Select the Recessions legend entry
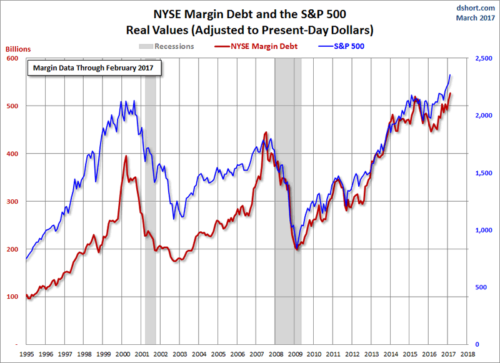click(166, 46)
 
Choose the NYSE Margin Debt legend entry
click(256, 46)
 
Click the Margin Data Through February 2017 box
click(94, 67)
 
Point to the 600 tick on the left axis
click(12, 58)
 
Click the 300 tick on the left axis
click(12, 201)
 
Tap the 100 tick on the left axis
click(12, 296)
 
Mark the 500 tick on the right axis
click(478, 287)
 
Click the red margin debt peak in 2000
click(126, 156)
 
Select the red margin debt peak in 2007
click(266, 132)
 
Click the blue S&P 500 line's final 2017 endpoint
click(451, 75)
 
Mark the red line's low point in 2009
click(297, 249)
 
